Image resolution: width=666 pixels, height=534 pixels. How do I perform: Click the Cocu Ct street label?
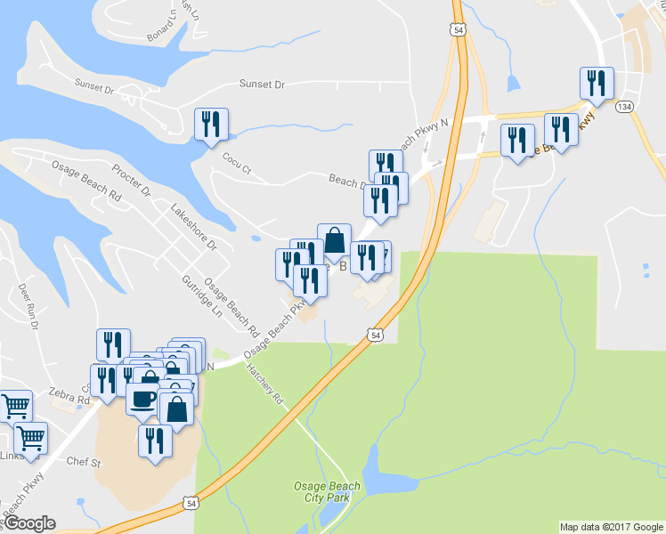(237, 160)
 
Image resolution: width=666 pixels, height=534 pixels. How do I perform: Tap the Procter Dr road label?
(132, 179)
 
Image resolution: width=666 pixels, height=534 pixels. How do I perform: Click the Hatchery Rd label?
(264, 384)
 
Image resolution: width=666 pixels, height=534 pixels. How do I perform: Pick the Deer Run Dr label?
(28, 307)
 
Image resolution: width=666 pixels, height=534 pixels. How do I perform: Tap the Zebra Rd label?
(70, 400)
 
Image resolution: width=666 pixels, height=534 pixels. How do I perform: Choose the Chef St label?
(85, 462)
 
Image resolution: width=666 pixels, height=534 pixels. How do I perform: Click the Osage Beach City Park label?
(328, 491)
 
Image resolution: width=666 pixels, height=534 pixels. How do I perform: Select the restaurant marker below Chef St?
(156, 440)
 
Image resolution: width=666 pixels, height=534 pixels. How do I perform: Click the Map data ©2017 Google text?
(611, 527)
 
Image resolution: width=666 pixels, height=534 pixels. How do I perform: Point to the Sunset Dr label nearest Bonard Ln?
(95, 86)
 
